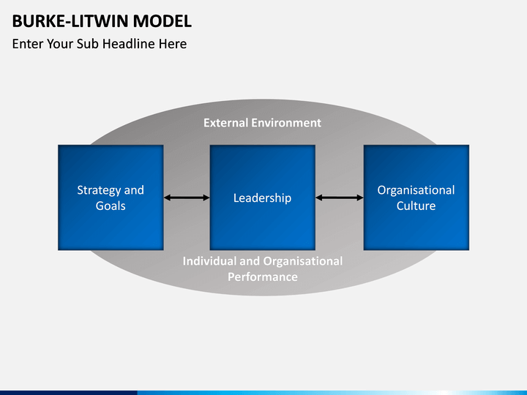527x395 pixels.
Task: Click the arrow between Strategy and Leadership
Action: tap(187, 197)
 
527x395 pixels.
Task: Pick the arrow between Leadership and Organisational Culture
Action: tap(340, 197)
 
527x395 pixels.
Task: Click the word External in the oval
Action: tap(226, 123)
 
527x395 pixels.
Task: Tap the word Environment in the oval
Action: tap(286, 123)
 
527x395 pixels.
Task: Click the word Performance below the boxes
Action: tap(262, 276)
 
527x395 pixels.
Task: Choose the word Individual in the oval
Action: tap(209, 261)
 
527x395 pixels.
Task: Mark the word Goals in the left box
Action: tap(111, 206)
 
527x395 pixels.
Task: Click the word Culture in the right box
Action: tap(416, 206)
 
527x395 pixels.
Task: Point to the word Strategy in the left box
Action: tap(99, 190)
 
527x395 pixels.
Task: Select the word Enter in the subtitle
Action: tap(28, 44)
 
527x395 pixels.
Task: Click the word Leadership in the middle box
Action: tap(262, 197)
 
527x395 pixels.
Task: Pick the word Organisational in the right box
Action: tap(416, 190)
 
